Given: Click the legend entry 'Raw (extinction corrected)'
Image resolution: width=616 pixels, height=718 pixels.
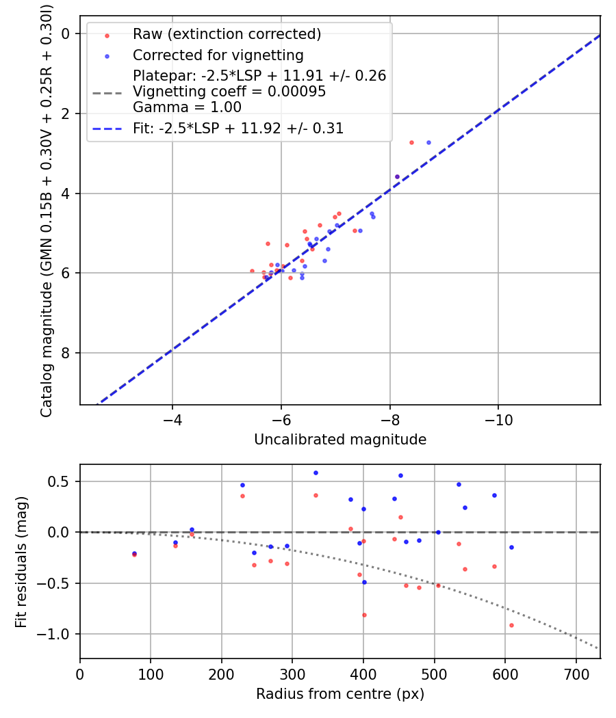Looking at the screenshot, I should click(x=227, y=34).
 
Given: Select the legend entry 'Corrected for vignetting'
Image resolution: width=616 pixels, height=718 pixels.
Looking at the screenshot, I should click(x=218, y=55).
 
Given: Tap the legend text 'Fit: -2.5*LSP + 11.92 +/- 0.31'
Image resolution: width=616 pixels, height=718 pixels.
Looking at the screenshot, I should click(x=238, y=128).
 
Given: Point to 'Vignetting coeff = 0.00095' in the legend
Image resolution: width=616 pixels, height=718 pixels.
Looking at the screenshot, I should click(x=229, y=92).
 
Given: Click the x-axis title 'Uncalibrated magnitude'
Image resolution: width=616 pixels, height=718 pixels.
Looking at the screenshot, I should click(x=340, y=440).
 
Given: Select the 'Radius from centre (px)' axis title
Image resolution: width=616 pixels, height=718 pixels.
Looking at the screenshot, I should click(x=340, y=694).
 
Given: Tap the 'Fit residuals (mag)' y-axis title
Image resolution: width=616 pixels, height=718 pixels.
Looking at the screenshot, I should click(x=21, y=561).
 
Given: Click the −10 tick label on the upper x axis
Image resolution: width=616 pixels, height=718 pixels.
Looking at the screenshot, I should click(x=498, y=418).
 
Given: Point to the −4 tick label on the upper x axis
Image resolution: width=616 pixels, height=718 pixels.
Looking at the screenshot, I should click(x=172, y=418).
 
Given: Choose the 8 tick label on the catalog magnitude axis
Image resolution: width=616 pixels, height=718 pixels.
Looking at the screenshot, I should click(x=66, y=354).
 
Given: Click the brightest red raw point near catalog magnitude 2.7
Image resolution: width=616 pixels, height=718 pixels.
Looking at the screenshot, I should click(x=411, y=142).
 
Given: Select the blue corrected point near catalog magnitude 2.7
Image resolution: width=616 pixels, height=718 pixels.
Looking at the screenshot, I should click(x=428, y=142).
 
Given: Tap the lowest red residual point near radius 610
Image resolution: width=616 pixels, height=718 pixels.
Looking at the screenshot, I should click(x=511, y=625).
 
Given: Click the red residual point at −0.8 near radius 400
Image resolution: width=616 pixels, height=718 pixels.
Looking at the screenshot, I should click(x=364, y=615).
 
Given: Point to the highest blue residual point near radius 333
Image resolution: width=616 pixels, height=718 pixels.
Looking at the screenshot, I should click(x=316, y=473).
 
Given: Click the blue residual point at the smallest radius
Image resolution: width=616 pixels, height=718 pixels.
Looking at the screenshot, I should click(x=134, y=553).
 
